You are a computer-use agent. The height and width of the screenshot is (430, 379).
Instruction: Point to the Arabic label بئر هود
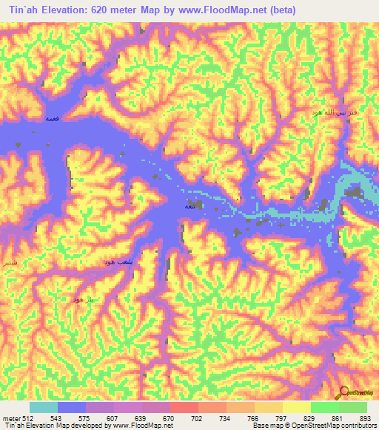click(x=81, y=298)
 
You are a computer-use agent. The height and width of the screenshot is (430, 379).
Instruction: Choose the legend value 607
click(x=113, y=418)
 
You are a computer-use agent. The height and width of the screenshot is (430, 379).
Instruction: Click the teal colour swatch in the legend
click(x=44, y=407)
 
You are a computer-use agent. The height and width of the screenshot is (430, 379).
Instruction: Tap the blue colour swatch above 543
click(x=72, y=407)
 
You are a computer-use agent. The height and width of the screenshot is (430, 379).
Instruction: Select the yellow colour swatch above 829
click(x=296, y=407)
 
